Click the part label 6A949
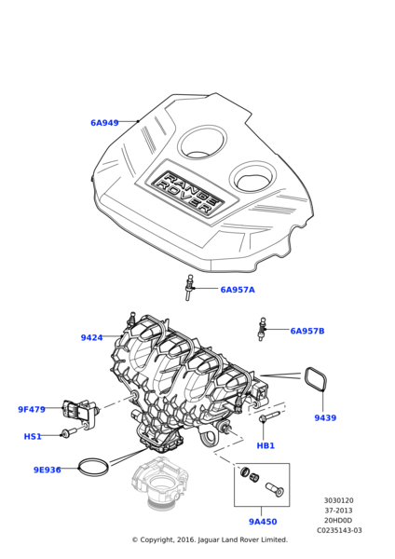104,123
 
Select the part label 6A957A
238,290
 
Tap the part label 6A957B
307,331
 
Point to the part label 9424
91,337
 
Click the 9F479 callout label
32,410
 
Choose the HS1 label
33,437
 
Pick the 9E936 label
48,470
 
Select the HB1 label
266,446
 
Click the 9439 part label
325,417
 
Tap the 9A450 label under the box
263,522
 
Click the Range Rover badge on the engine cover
187,193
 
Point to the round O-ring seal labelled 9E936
93,459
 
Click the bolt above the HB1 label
270,417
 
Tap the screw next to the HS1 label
70,433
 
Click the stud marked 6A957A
189,287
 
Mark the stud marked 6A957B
262,330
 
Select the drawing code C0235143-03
339,530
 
